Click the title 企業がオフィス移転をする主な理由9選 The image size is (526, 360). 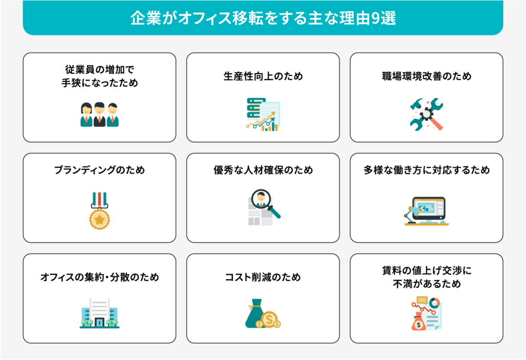[263, 18]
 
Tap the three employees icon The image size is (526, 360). [99, 115]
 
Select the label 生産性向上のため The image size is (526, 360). [263, 76]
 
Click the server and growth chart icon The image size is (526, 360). [263, 115]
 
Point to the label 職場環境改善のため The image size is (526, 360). [426, 76]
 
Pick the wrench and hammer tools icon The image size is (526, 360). [426, 115]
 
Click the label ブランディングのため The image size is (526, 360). [99, 170]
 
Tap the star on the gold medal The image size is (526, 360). [99, 219]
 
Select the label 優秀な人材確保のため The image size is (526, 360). [263, 170]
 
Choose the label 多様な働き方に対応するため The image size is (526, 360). [426, 170]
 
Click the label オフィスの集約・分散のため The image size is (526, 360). [99, 277]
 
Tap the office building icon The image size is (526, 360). [99, 313]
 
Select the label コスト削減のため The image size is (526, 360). [263, 277]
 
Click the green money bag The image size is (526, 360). [255, 314]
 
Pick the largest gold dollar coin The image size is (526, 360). [269, 319]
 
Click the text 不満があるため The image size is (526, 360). [426, 284]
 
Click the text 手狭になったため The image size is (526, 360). [99, 83]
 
